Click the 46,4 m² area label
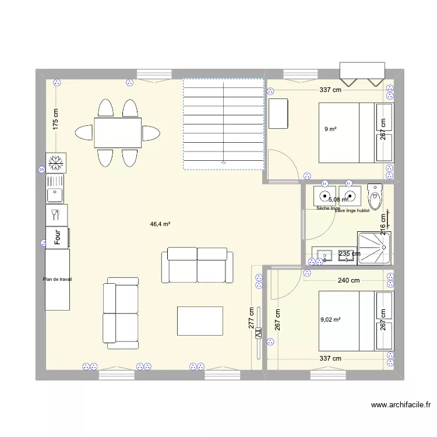tap(160, 223)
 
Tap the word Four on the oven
tap(58, 237)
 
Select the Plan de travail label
tap(57, 279)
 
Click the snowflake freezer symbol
tap(57, 162)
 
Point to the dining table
tap(117, 133)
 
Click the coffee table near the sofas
tap(200, 320)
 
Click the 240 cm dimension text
tap(348, 281)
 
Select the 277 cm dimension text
tap(251, 319)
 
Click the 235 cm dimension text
tap(350, 253)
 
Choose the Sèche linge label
tap(327, 208)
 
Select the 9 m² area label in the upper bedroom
tap(330, 129)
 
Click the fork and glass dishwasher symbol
tap(57, 214)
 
